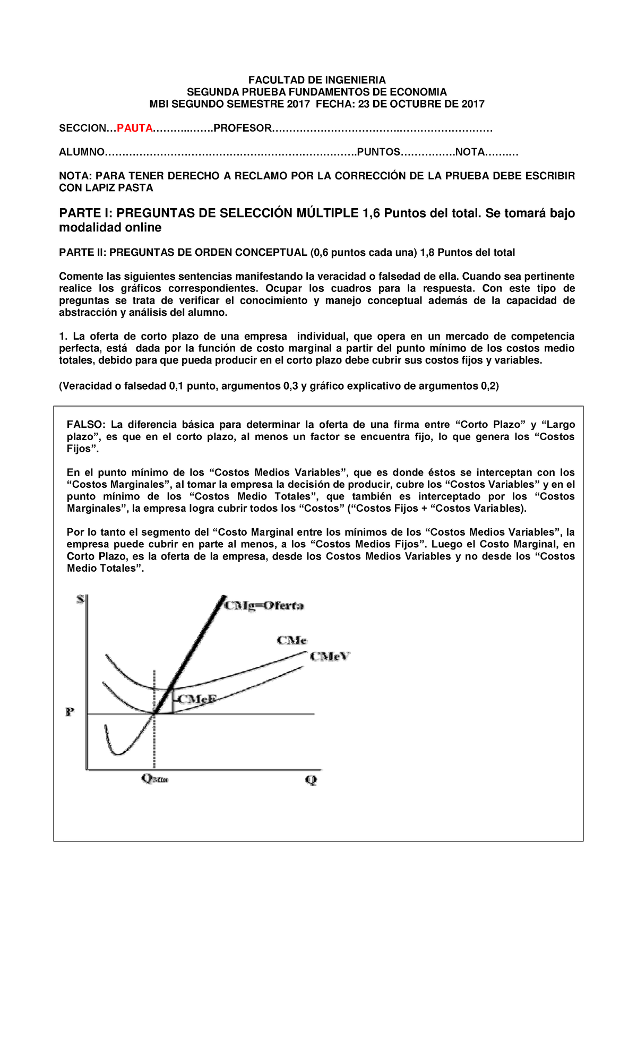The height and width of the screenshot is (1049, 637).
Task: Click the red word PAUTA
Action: click(135, 128)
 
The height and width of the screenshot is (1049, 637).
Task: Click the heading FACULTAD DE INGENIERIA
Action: click(317, 80)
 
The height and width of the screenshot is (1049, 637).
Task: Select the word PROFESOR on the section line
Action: click(242, 128)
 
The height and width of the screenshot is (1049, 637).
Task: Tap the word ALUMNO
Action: click(82, 152)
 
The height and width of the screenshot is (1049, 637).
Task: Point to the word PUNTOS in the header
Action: click(378, 152)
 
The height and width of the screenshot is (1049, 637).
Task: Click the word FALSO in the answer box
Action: click(85, 425)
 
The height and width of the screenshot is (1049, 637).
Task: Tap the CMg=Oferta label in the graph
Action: click(264, 606)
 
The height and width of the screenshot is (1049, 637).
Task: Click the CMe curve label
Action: click(291, 640)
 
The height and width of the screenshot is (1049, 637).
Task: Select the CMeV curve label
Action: click(330, 657)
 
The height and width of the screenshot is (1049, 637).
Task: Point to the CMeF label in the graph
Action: click(196, 699)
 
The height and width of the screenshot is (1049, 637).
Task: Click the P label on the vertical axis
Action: click(70, 712)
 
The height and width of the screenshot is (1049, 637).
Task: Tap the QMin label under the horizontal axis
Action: click(154, 779)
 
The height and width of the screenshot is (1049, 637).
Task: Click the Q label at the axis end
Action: click(311, 780)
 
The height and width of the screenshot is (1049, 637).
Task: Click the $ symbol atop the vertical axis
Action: click(81, 599)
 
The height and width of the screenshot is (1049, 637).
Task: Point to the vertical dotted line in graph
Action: click(154, 743)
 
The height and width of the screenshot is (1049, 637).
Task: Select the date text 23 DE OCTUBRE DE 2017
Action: click(421, 104)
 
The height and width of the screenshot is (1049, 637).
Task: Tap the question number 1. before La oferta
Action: click(63, 337)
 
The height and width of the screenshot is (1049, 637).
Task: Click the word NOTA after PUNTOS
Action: click(470, 152)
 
